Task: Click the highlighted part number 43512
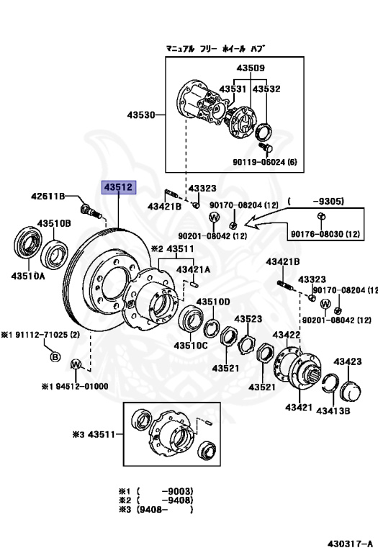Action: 119,187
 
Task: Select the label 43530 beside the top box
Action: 141,115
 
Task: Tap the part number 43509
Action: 251,68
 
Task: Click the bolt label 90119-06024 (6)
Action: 265,162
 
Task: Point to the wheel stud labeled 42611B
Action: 91,211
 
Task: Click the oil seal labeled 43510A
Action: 28,243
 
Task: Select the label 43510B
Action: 54,223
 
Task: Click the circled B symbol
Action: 55,357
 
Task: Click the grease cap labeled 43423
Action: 350,391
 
